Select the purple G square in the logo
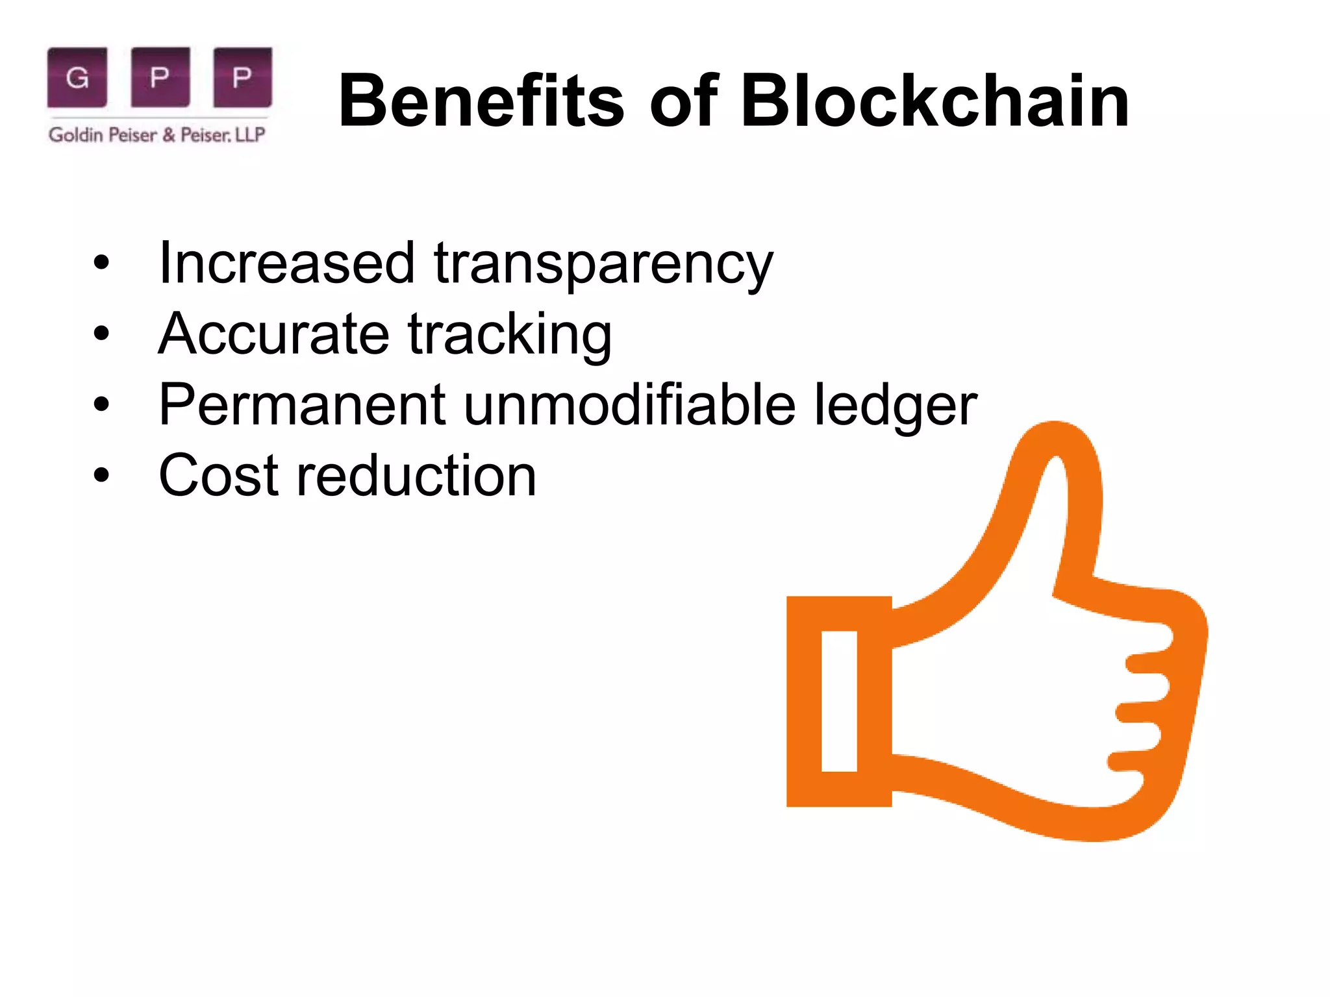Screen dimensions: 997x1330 coord(77,77)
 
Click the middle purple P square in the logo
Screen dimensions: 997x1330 coord(160,77)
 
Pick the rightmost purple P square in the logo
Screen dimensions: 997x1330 coord(242,77)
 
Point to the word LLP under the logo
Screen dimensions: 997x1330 coord(249,135)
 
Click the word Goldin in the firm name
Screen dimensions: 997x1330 coord(75,135)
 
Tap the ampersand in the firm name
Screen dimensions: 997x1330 coord(169,135)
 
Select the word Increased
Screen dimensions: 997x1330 coord(286,263)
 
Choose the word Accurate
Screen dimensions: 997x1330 coord(273,334)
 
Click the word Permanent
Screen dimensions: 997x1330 coord(302,405)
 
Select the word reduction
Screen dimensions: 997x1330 coord(416,476)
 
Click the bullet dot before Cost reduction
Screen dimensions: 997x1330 coord(101,475)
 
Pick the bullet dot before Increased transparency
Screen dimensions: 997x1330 coord(101,263)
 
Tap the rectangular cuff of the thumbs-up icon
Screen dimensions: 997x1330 coord(839,701)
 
